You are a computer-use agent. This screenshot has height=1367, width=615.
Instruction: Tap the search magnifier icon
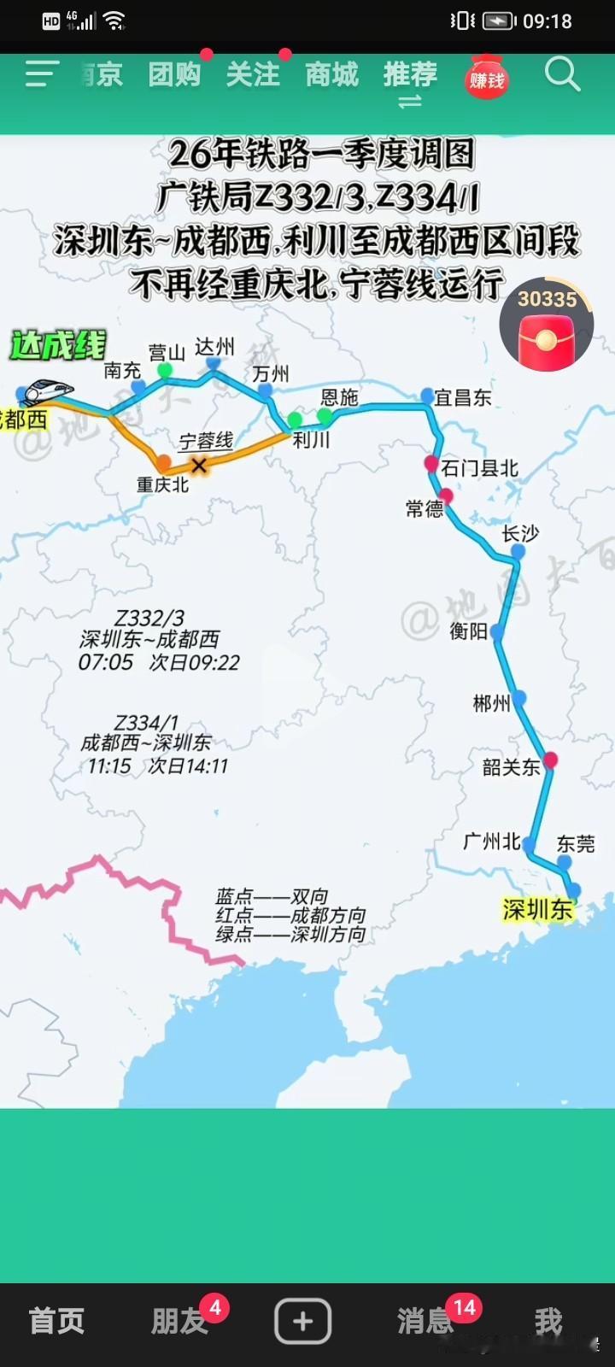coord(562,75)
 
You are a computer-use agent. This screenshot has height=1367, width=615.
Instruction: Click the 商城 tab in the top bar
coord(332,75)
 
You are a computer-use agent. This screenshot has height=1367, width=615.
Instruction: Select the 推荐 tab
coord(410,75)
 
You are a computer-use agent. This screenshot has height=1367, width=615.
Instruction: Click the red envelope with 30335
coord(547,325)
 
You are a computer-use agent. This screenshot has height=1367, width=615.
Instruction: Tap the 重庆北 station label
coord(162,485)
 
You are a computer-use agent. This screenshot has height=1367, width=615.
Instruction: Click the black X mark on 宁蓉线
coord(199,466)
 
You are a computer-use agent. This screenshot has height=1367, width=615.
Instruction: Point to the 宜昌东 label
coord(462,397)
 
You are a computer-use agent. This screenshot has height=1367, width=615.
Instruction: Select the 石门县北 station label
coord(479,468)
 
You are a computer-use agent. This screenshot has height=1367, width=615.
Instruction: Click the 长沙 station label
coord(520,534)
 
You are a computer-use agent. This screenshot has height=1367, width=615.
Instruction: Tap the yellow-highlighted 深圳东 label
coord(537,910)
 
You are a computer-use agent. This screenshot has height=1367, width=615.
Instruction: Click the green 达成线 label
coord(58,346)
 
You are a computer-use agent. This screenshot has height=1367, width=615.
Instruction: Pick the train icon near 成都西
coord(48,391)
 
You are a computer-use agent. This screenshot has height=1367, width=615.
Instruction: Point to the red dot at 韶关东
coord(550,760)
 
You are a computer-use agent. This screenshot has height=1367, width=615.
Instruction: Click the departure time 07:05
coord(106,663)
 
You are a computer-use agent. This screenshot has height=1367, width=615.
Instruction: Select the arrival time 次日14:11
coord(188,766)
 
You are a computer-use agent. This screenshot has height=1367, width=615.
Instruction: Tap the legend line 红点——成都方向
coord(290,916)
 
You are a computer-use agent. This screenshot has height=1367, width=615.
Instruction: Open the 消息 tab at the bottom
coord(425,1321)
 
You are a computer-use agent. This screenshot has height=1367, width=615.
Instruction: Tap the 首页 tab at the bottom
coord(56,1321)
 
